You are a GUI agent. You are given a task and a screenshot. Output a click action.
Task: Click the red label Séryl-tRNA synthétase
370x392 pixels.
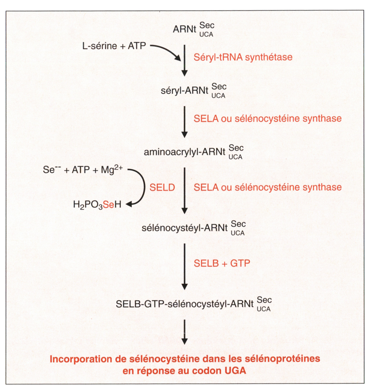243,57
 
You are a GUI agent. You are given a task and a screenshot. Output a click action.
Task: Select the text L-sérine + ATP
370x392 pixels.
114,46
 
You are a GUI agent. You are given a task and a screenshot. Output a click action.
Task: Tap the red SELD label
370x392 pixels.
162,187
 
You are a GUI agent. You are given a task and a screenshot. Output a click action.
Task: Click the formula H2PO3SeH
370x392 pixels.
97,205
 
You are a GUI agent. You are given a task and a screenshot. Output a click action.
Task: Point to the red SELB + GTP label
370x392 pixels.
222,263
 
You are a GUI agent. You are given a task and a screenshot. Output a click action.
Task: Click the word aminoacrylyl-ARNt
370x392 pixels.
184,152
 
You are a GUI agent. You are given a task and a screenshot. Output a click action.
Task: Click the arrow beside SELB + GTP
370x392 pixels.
184,266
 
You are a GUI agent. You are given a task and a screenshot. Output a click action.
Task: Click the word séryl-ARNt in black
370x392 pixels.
184,91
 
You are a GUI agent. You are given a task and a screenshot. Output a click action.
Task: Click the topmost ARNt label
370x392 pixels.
184,30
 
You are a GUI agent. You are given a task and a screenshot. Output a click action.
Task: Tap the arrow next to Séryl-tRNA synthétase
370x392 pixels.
184,60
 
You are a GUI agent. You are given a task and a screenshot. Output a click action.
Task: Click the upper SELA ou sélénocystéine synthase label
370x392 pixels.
268,119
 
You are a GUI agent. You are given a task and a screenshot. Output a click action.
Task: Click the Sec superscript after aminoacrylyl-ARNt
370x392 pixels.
236,148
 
